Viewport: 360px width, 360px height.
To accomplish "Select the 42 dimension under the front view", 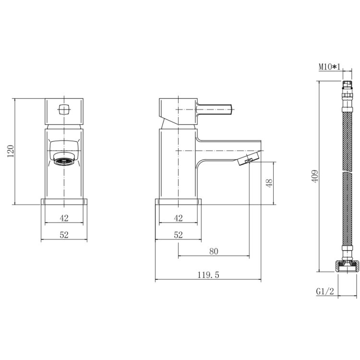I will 64,218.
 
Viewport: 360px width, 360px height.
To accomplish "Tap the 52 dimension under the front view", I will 64,235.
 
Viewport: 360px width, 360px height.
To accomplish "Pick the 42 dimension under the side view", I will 178,218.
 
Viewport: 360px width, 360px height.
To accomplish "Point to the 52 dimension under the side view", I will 178,235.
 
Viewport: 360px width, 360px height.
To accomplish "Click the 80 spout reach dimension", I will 214,251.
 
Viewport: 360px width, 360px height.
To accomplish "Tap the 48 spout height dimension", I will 269,183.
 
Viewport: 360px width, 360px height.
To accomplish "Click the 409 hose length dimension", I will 314,176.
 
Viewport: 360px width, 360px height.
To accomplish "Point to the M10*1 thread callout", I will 329,67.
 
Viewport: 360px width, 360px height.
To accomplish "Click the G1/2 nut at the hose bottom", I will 347,264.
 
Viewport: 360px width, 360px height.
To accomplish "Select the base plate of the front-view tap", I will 64,202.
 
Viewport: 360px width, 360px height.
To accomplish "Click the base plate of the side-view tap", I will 178,202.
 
